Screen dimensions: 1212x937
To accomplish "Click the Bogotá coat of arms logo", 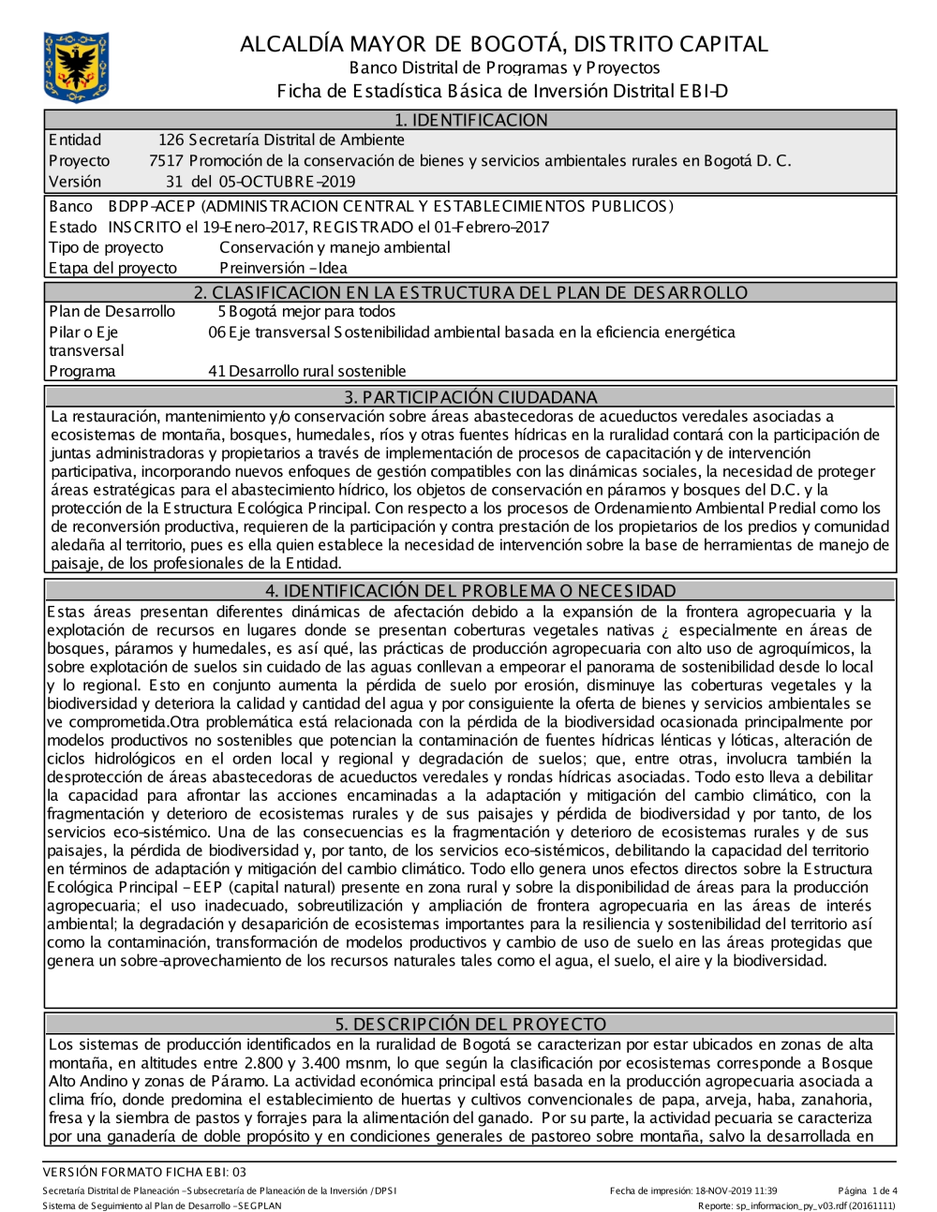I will pyautogui.click(x=76, y=67).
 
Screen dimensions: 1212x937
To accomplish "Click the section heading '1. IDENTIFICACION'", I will pyautogui.click(x=470, y=120).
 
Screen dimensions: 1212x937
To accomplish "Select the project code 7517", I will pyautogui.click(x=166, y=161).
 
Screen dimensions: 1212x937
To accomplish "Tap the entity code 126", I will pyautogui.click(x=171, y=140).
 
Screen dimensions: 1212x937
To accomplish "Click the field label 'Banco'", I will pyautogui.click(x=70, y=206).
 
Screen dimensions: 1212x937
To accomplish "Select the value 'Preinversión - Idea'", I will pyautogui.click(x=283, y=268).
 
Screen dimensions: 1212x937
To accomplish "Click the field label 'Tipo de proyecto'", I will pyautogui.click(x=106, y=247).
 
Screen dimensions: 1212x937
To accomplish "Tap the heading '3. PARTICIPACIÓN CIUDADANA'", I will pyautogui.click(x=470, y=397).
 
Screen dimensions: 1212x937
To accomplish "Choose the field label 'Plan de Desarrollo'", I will pyautogui.click(x=112, y=312).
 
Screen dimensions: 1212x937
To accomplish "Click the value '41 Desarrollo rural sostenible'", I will pyautogui.click(x=307, y=371).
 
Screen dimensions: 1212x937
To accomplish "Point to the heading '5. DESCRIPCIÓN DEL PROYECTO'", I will pyautogui.click(x=470, y=1024).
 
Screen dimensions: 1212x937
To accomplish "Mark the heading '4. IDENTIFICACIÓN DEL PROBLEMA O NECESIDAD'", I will pyautogui.click(x=470, y=591).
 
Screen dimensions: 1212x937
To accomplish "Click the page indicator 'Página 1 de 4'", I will pyautogui.click(x=868, y=1190).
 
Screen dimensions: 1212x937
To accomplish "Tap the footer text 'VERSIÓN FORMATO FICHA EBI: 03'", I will pyautogui.click(x=145, y=1172).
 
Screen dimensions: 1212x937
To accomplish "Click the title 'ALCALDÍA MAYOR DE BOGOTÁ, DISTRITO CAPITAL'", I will pyautogui.click(x=503, y=44).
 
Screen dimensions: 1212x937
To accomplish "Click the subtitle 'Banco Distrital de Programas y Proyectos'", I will pyautogui.click(x=504, y=67).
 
